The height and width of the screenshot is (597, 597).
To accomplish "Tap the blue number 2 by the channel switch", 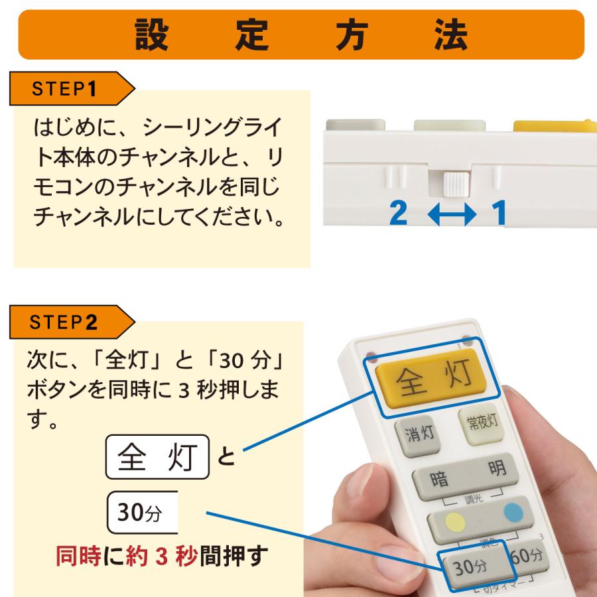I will [x=398, y=214].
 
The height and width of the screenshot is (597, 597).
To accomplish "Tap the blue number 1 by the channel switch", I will [x=498, y=214].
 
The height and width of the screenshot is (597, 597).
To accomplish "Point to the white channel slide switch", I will [x=455, y=182].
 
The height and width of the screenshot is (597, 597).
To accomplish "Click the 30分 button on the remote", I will [x=470, y=567].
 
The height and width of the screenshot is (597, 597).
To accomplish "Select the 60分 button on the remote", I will [x=527, y=556].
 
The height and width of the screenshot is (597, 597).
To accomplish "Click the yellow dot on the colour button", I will [x=454, y=522].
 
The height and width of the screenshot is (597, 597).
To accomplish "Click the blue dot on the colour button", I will [x=513, y=512].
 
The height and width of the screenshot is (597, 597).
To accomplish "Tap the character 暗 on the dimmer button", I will [x=440, y=479].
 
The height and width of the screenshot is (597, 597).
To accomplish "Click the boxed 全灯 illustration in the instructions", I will [x=157, y=456].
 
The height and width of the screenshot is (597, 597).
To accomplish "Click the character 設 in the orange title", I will [x=152, y=34].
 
